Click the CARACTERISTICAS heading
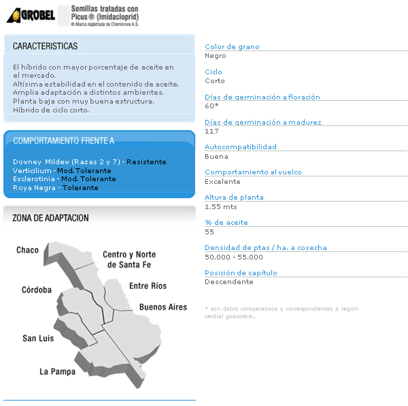[45, 46]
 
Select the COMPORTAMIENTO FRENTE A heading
[64, 141]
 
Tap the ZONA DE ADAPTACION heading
[51, 218]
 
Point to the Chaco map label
[28, 250]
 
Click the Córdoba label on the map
[36, 290]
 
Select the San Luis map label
[38, 338]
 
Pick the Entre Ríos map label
[148, 286]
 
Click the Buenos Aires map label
[163, 307]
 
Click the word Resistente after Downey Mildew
[146, 162]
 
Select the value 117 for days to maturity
[211, 131]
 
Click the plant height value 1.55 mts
[221, 206]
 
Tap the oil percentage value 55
[209, 232]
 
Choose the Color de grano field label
[232, 47]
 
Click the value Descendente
[229, 281]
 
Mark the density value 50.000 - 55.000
[233, 257]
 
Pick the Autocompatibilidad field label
[241, 147]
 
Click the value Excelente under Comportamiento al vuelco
[222, 182]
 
